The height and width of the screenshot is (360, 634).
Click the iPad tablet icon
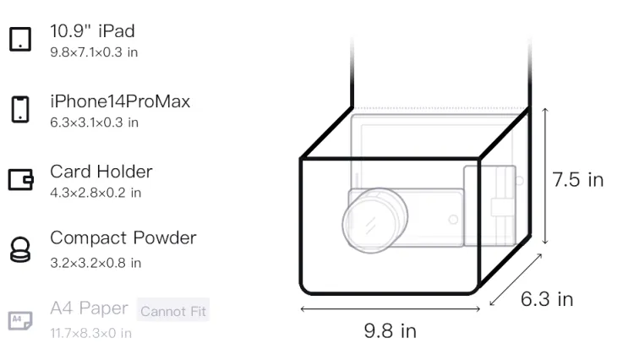(20, 39)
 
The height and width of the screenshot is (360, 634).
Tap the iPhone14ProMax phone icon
(20, 109)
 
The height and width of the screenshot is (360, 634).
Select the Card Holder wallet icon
(20, 179)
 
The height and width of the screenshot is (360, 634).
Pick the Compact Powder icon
(20, 249)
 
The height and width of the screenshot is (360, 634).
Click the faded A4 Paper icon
(20, 320)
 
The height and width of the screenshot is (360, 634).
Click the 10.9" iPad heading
(92, 31)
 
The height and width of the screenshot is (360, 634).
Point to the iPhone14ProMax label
(120, 101)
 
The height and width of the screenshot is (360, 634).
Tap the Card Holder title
(101, 172)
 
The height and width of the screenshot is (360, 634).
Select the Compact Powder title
(123, 238)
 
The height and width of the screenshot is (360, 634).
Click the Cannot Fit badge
(173, 310)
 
